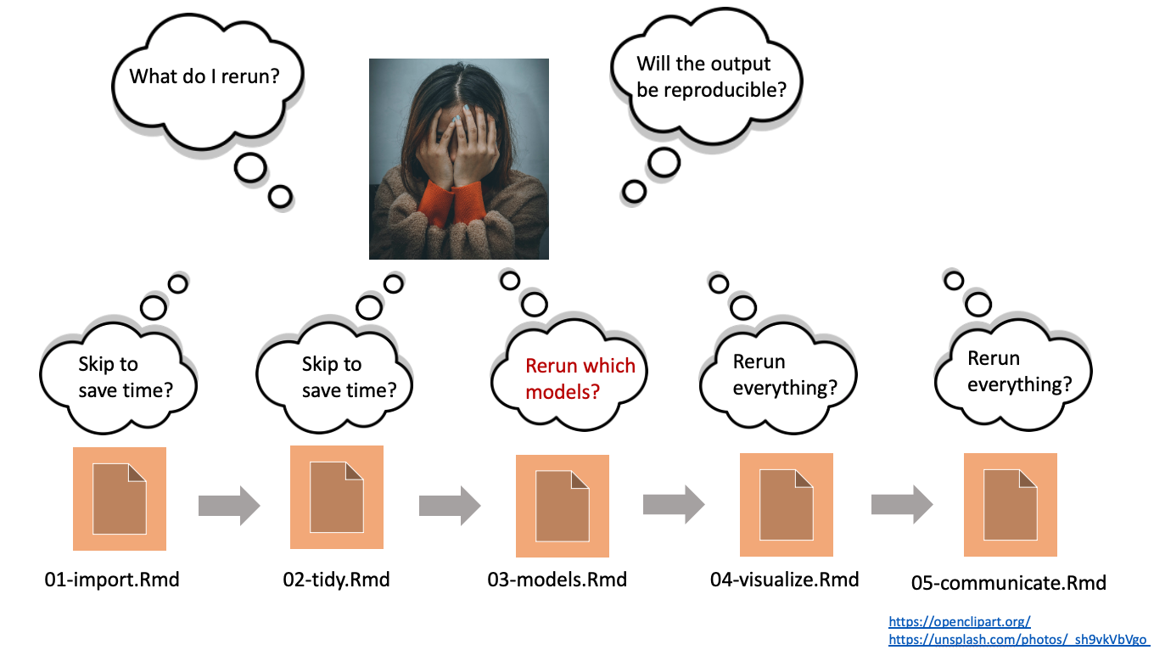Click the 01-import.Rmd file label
click(x=112, y=580)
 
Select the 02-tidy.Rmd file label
click(x=336, y=580)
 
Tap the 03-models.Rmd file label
click(x=557, y=580)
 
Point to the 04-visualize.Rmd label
click(x=784, y=580)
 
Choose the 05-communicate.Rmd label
click(x=1009, y=583)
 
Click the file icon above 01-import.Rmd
click(x=120, y=499)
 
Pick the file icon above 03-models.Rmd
click(x=563, y=506)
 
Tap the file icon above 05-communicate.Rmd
click(x=1011, y=504)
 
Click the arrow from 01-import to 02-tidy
click(x=228, y=506)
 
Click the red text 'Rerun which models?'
click(x=580, y=378)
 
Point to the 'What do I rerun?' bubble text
click(x=204, y=76)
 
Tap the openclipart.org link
click(x=960, y=622)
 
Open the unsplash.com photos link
click(x=1018, y=639)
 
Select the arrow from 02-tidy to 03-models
click(x=449, y=506)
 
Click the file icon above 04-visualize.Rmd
click(x=787, y=504)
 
